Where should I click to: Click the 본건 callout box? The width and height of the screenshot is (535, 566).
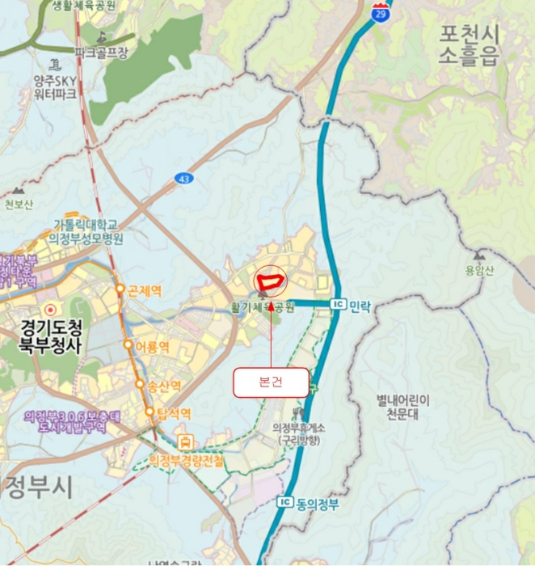[x=271, y=382]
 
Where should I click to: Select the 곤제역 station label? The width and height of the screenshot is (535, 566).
[x=145, y=290]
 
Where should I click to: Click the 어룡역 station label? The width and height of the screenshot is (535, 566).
[x=151, y=347]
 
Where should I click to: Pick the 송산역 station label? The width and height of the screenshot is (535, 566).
[x=165, y=386]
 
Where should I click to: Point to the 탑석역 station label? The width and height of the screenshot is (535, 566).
[x=174, y=413]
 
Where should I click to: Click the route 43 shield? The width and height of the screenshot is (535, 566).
[x=184, y=177]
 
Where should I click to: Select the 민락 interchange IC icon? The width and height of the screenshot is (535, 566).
[x=338, y=304]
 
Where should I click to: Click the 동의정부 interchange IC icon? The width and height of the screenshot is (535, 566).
[x=284, y=502]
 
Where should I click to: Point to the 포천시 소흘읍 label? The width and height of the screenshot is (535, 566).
[x=470, y=44]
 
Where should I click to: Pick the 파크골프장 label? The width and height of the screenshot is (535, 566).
[x=102, y=52]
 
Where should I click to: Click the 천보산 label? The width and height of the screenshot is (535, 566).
[x=19, y=204]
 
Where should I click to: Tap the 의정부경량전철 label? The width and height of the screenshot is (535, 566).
[x=187, y=460]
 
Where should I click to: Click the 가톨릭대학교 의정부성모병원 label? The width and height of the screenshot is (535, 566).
[x=86, y=231]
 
